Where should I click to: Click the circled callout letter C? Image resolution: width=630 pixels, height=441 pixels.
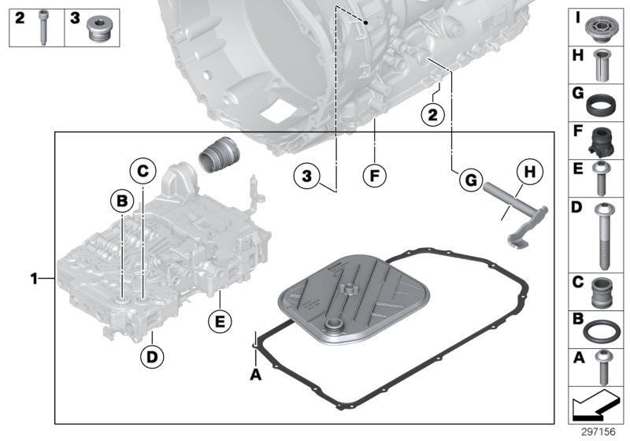click(142, 169)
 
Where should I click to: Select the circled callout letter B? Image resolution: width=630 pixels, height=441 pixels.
click(122, 202)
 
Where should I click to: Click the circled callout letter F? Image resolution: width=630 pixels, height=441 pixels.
click(375, 176)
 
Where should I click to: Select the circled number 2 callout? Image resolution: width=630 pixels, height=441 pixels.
click(432, 115)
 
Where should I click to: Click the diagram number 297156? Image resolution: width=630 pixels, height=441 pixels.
click(597, 432)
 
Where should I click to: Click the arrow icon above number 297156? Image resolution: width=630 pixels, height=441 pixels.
click(596, 406)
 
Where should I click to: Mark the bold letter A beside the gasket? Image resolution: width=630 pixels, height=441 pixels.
click(254, 375)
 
